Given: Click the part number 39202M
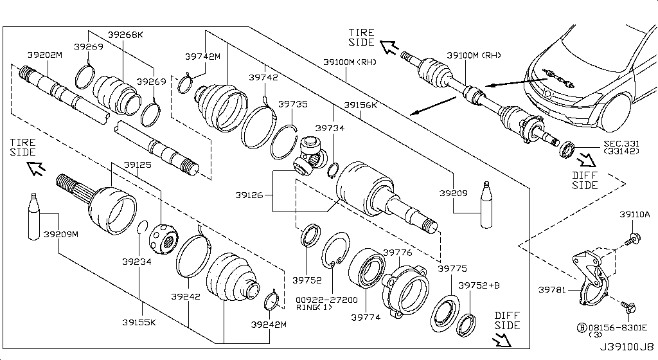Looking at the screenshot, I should [x=44, y=55].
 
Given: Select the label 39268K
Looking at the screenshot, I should [x=125, y=35].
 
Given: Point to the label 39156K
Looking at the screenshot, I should [x=360, y=104].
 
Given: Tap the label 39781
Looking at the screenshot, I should [x=553, y=290].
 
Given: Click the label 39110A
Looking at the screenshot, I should [x=635, y=214].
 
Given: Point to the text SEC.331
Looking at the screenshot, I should [x=621, y=143].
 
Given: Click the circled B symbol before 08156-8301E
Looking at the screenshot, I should [x=582, y=327].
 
